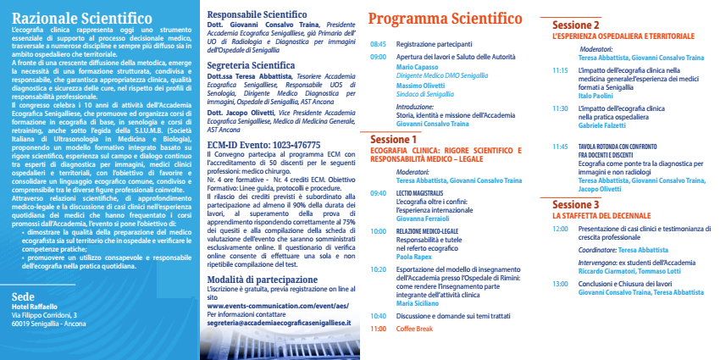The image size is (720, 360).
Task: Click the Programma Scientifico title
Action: (445, 19)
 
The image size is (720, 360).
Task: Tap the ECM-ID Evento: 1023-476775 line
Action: (263, 145)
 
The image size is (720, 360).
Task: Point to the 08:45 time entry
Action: (378, 43)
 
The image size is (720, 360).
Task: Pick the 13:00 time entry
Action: (560, 283)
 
